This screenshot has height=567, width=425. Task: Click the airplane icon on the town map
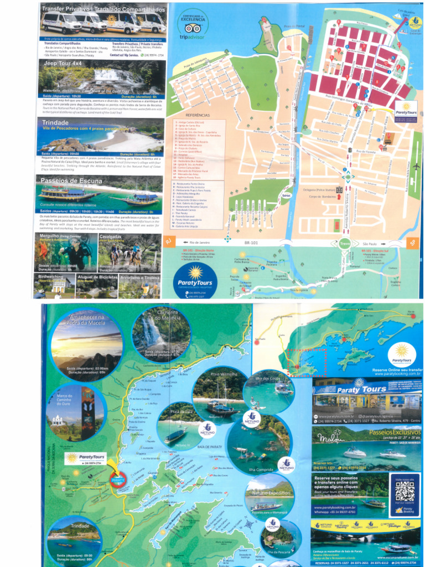(x=416, y=166)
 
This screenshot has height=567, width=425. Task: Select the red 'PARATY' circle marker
(x=118, y=480)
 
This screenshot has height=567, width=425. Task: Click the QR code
(x=405, y=488)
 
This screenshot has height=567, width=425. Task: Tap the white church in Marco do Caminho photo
(x=56, y=421)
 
